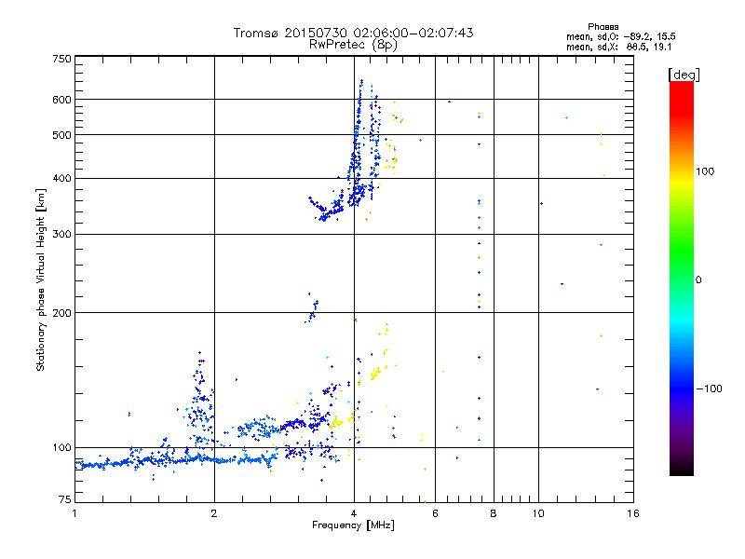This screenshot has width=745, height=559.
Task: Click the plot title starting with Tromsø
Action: pos(353,33)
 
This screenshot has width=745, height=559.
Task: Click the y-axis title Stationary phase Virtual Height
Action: pos(41,279)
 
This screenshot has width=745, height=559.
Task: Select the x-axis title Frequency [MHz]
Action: pos(353,525)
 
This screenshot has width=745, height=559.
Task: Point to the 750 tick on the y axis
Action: pos(62,59)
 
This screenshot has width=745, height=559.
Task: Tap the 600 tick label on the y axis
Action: pos(62,100)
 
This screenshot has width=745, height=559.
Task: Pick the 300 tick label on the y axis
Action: pos(62,234)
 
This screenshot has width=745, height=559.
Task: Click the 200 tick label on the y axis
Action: pos(62,313)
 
